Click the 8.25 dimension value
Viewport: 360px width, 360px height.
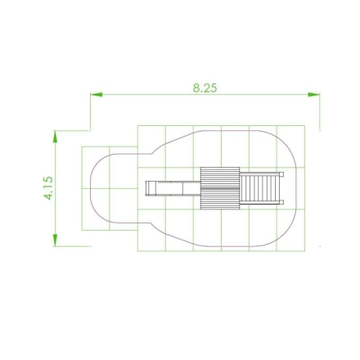coord(205,88)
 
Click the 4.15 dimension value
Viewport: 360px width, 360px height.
coord(48,188)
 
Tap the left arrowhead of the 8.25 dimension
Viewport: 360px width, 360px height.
coord(97,95)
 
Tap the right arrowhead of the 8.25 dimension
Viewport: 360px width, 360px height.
coord(313,95)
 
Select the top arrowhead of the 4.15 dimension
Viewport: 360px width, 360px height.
coord(56,137)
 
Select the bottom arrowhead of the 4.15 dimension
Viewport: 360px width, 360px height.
coord(56,240)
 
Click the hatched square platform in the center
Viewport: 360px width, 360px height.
coord(220,188)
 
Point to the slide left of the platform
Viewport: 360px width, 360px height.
coord(173,188)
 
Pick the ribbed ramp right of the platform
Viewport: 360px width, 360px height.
coord(259,188)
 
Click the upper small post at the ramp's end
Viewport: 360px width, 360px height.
coord(281,174)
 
